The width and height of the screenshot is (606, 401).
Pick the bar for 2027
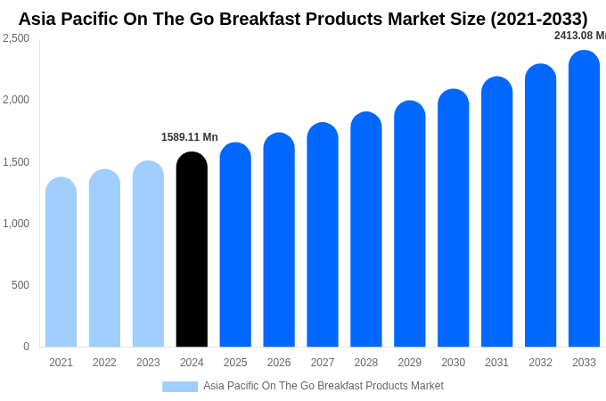323,235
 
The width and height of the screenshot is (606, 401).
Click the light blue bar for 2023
148,254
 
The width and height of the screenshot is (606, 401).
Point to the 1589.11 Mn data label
189,137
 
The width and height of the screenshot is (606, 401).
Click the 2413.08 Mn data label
580,36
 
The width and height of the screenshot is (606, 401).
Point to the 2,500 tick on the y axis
16,38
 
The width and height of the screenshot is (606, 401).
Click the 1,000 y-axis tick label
16,224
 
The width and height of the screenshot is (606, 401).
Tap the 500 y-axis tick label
20,285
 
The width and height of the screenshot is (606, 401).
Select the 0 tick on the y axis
26,347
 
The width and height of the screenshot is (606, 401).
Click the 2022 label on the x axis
104,363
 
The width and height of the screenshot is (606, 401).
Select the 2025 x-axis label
235,363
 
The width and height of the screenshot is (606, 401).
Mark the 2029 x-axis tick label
409,363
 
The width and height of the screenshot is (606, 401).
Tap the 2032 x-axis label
540,363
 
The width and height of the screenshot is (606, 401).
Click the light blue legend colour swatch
180,387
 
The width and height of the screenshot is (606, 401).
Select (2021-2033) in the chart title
538,19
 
